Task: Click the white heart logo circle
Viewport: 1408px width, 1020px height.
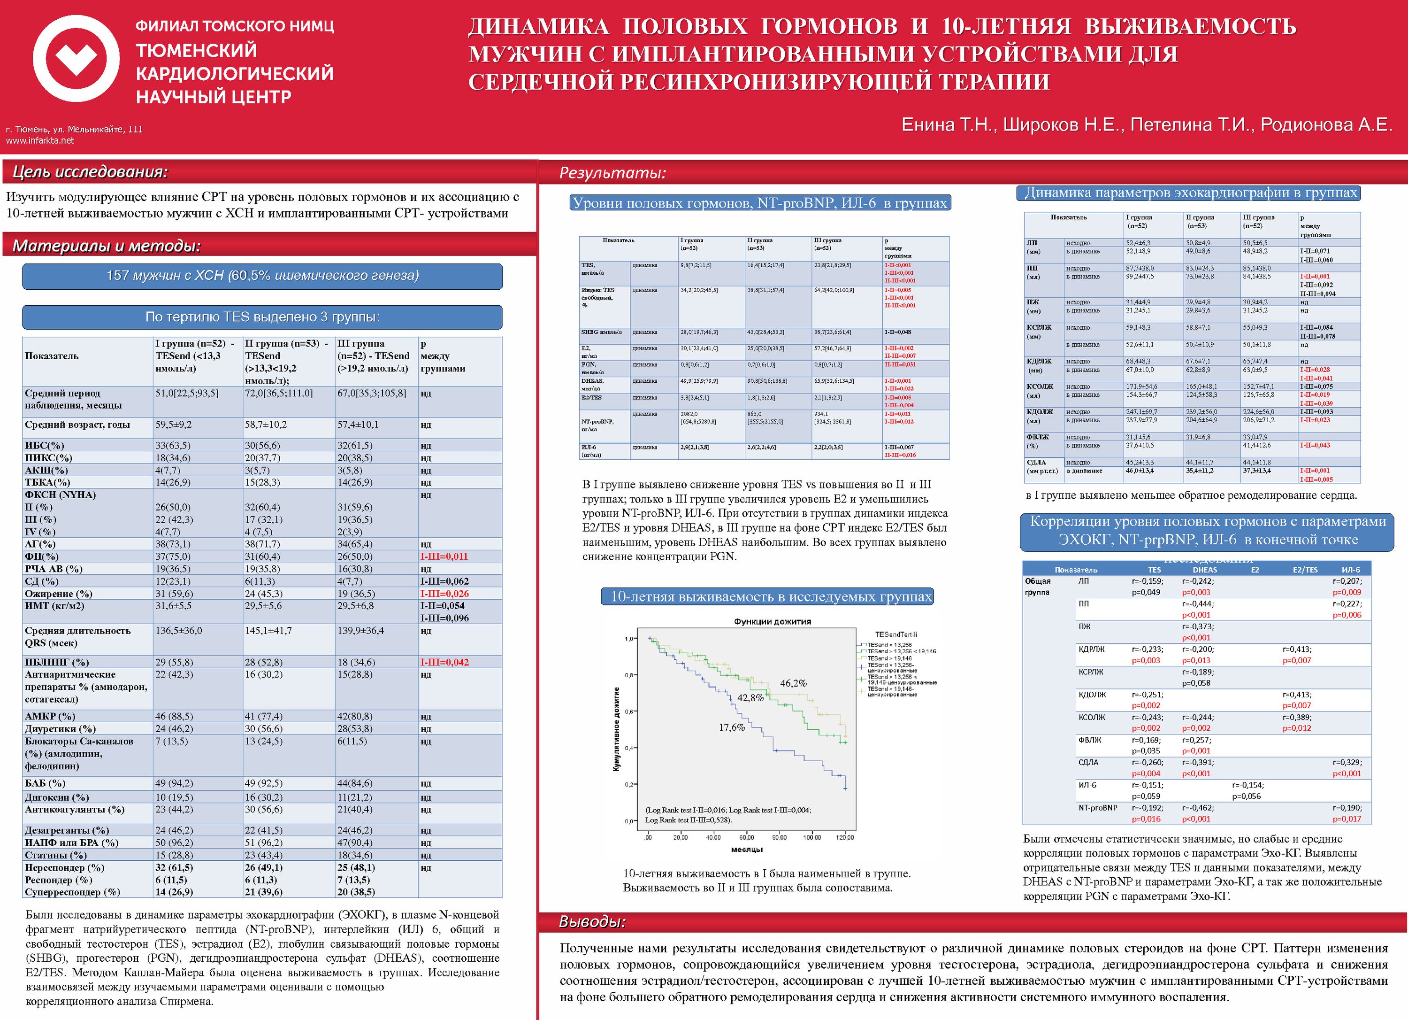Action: [76, 59]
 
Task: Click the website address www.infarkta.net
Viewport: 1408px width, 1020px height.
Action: [40, 140]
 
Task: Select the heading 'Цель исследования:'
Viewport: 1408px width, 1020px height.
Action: [90, 172]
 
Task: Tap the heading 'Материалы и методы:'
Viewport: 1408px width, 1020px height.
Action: [107, 246]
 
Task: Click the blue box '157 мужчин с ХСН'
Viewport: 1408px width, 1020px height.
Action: [262, 276]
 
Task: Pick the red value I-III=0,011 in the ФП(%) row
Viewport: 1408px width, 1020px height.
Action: [444, 556]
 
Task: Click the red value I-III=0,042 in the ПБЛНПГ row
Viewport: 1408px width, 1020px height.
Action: [444, 662]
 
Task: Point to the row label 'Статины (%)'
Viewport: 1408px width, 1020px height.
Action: [56, 855]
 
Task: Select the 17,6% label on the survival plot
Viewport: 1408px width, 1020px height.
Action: [732, 727]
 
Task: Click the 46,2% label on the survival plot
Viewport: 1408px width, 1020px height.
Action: [793, 683]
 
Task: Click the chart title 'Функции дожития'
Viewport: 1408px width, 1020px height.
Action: [773, 621]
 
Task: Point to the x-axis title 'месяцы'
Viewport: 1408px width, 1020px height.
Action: [747, 849]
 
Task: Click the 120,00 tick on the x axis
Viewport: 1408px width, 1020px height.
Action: [845, 837]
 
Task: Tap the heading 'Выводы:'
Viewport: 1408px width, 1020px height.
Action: [592, 922]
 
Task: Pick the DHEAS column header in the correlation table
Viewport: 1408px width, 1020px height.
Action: [1204, 570]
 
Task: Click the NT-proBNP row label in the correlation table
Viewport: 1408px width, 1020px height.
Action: [1098, 808]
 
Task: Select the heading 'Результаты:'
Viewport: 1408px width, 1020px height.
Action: [612, 173]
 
